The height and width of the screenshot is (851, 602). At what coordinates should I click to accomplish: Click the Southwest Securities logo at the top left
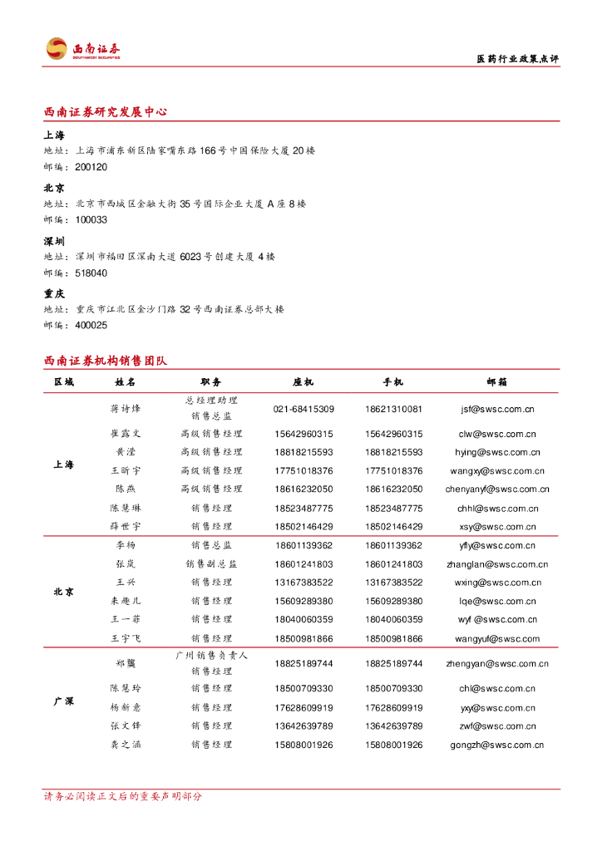point(82,49)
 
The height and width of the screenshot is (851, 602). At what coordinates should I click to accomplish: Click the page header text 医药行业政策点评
point(516,59)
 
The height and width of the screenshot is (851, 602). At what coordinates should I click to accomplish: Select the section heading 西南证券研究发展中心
point(106,111)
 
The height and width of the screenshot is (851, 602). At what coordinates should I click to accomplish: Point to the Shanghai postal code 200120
point(91,167)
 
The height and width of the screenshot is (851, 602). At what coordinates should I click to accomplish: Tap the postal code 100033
point(91,219)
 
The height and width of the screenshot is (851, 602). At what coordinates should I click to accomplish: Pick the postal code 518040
point(91,273)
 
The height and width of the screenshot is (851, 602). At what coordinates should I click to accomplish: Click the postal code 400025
point(91,325)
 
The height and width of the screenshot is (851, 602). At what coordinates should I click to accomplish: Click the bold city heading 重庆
point(54,293)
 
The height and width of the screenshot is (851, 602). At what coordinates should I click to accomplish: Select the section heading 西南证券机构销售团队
point(106,361)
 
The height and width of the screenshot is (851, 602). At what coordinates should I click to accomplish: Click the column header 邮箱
point(497,381)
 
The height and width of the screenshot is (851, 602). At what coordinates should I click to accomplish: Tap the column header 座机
point(303,381)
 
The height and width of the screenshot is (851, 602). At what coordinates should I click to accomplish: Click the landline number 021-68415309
point(303,409)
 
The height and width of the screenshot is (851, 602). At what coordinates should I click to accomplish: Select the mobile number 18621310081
point(393,409)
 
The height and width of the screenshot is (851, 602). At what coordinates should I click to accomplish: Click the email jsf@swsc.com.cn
point(497,409)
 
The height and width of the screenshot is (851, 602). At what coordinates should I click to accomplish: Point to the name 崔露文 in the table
point(126,434)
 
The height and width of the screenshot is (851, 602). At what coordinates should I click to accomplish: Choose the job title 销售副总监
point(211,563)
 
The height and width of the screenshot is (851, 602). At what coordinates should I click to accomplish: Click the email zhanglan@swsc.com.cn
point(497,563)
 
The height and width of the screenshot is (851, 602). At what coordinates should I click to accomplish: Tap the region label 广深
point(63,701)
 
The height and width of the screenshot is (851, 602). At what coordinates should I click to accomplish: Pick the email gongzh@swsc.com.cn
point(497,745)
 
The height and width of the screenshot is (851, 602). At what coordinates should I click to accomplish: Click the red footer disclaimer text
point(122,796)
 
